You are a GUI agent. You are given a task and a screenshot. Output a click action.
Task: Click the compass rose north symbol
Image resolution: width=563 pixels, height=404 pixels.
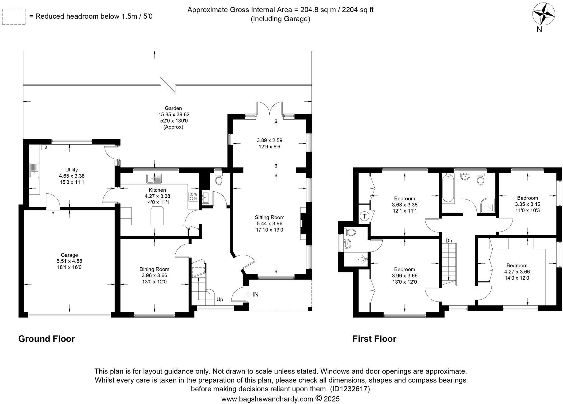(543, 14)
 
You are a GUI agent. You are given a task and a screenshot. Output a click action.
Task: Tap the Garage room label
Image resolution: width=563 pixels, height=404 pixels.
(69, 255)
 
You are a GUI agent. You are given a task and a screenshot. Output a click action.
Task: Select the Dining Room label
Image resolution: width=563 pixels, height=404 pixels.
(154, 269)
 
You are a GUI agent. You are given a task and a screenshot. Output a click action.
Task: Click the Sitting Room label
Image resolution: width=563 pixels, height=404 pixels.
(269, 217)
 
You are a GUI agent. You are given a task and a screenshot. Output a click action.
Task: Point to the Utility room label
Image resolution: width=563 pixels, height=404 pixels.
(71, 170)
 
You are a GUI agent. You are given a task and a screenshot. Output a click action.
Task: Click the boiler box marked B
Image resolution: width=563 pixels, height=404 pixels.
(46, 147)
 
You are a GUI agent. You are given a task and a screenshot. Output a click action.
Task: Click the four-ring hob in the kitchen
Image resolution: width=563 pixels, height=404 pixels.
(193, 196)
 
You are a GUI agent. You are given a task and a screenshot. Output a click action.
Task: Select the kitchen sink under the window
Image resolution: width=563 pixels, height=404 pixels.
(154, 179)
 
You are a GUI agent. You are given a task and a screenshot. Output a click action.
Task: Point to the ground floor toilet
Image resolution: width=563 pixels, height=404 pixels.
(219, 180)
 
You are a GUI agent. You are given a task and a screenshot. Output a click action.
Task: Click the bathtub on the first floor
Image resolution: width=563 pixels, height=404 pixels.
(447, 188)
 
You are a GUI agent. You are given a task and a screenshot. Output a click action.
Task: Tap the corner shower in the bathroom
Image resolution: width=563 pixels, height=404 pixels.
(488, 205)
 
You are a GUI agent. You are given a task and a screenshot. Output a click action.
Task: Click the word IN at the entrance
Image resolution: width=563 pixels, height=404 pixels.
(255, 294)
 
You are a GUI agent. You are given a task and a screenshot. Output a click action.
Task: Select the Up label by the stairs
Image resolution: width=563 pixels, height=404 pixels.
(220, 300)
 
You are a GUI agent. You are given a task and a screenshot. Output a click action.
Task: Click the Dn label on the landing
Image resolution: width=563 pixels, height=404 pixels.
(449, 241)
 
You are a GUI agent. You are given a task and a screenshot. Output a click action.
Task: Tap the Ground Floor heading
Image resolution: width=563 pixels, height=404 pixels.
(47, 339)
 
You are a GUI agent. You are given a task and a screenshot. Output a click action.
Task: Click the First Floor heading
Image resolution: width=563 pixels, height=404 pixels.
(374, 339)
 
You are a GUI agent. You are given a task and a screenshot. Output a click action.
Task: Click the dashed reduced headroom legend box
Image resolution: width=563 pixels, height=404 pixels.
(13, 17)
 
